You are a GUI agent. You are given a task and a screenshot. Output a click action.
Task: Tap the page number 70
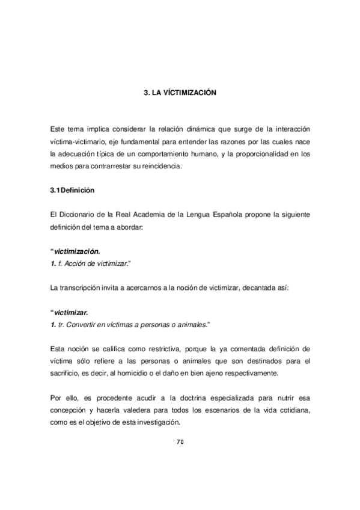180,442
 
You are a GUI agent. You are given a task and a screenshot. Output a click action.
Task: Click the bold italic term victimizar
71,313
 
